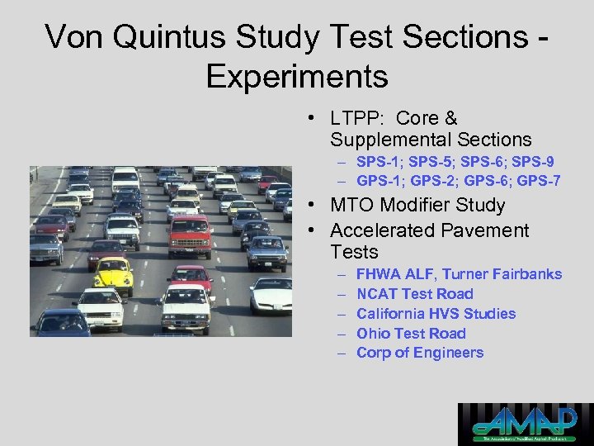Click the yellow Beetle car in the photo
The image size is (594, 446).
coord(113,274)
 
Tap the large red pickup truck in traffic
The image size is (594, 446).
coord(191,237)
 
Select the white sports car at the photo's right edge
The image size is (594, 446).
coord(271,294)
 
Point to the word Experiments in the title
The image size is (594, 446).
coord(297,76)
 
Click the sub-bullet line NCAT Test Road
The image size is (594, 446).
coord(414,294)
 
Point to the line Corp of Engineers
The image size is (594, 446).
coord(419,353)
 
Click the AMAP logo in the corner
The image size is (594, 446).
coord(525,424)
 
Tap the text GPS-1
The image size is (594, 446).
coord(379,180)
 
